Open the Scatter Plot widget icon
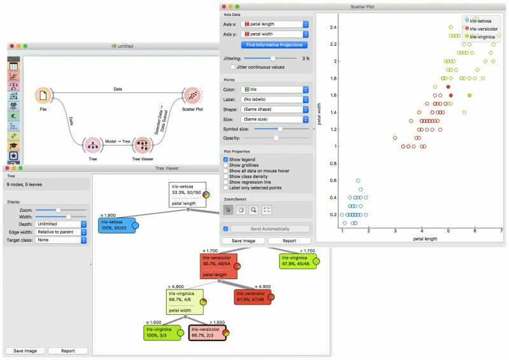(x=192, y=95)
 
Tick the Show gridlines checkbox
(x=226, y=165)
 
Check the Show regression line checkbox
(x=226, y=182)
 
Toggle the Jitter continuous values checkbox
(x=232, y=67)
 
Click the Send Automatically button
(x=270, y=228)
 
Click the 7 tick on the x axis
(x=501, y=230)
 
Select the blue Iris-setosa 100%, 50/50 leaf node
(x=116, y=225)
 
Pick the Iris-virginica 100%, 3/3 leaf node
(x=163, y=331)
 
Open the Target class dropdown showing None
(x=61, y=240)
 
